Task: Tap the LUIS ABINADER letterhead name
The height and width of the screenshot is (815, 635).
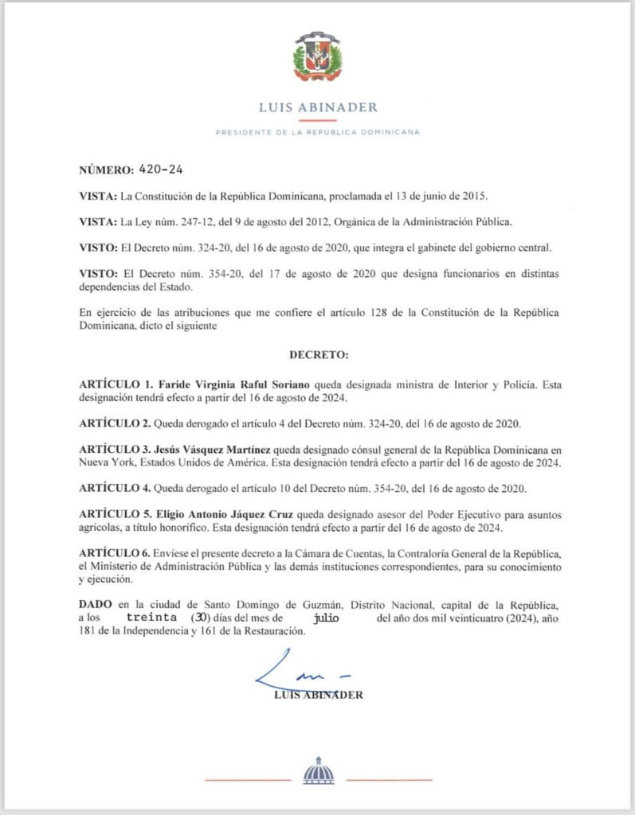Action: [317, 107]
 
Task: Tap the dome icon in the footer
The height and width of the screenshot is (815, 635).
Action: [319, 771]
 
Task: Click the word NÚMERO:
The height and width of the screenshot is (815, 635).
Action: [106, 170]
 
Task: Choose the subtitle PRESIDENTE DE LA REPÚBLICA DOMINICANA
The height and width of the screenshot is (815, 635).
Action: [317, 132]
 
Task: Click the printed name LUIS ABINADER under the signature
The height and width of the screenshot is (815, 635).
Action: [317, 695]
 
